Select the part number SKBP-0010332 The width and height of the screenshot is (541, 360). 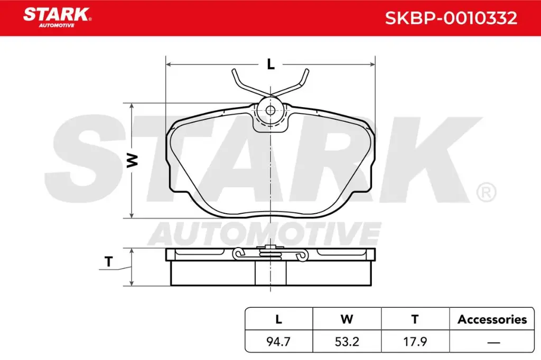450,18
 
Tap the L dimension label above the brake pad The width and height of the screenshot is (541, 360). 270,64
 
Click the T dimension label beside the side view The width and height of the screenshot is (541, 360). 109,261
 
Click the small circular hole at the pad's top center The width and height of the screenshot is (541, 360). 270,110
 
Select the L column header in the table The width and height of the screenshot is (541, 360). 279,319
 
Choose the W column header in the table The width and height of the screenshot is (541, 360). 347,319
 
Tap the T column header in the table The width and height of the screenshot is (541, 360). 415,319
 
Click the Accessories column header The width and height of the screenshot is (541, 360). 492,319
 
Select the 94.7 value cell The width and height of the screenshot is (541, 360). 279,342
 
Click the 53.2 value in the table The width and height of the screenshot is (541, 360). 347,342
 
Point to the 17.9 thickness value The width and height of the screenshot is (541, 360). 415,342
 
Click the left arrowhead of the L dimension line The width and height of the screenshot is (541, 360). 170,64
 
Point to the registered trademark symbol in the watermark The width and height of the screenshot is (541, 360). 486,192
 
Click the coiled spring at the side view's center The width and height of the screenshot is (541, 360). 270,254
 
